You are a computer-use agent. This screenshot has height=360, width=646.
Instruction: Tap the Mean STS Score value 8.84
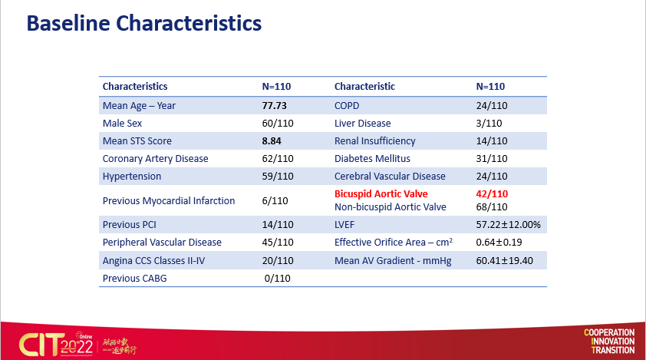click(x=273, y=141)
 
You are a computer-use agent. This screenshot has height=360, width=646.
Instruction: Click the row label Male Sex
click(x=123, y=124)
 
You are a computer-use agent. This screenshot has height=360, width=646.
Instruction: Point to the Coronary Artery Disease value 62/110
click(x=278, y=159)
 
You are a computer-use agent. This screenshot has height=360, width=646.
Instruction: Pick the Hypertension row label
click(x=132, y=177)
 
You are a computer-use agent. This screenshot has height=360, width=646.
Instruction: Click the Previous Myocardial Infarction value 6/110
click(x=275, y=201)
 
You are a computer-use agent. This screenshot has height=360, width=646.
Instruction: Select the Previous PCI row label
click(x=130, y=226)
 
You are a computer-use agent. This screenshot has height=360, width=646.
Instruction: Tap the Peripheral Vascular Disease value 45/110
click(x=278, y=243)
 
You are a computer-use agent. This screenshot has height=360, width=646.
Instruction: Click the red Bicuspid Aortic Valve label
click(x=381, y=194)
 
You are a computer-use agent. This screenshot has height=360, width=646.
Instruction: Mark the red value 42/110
click(x=493, y=194)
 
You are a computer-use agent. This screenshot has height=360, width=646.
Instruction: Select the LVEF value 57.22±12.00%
click(x=509, y=226)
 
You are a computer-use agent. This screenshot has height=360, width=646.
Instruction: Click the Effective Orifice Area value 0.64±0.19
click(x=499, y=243)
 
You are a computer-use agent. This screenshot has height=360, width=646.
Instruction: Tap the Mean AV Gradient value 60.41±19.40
click(x=505, y=261)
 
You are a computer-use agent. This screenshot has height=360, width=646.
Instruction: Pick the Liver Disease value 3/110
click(x=489, y=124)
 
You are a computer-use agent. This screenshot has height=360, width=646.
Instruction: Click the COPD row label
click(x=347, y=106)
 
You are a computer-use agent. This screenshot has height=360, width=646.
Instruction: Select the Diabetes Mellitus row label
click(x=372, y=159)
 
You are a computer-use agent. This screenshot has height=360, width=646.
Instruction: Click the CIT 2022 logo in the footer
click(x=49, y=342)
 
